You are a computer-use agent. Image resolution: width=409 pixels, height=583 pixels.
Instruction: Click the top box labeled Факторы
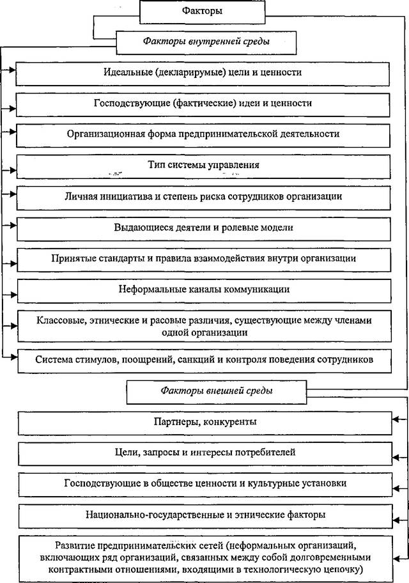202,12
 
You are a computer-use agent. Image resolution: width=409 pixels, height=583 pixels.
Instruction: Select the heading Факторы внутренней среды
206,42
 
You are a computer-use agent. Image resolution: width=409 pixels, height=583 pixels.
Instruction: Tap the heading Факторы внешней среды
217,391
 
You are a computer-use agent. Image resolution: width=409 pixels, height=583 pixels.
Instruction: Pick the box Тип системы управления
203,167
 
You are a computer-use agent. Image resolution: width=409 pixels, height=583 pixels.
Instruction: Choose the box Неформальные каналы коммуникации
204,291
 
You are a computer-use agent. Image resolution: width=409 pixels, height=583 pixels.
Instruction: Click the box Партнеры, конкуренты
205,423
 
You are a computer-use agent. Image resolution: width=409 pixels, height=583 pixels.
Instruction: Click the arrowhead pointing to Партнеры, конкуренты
396,419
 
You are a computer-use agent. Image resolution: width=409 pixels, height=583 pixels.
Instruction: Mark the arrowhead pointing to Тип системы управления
13,170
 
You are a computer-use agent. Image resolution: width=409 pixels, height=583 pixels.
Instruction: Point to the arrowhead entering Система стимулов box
14,357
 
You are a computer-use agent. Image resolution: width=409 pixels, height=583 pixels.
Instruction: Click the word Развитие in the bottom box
74,546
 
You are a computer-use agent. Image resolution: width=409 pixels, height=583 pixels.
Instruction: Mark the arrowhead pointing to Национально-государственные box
397,520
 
